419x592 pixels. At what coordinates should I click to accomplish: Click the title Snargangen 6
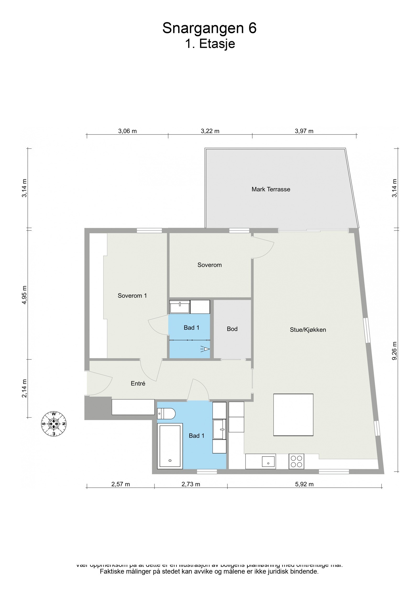pyautogui.click(x=209, y=28)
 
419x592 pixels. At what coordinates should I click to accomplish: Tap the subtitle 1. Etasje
pyautogui.click(x=210, y=44)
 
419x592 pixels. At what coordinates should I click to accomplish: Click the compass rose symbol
pyautogui.click(x=54, y=424)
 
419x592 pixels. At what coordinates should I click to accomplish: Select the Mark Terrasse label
pyautogui.click(x=271, y=189)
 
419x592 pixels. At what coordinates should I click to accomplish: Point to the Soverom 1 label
pyautogui.click(x=132, y=296)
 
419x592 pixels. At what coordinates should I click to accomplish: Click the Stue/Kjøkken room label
pyautogui.click(x=308, y=330)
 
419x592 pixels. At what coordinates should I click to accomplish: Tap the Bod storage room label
pyautogui.click(x=232, y=329)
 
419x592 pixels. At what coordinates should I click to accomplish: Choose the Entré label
pyautogui.click(x=138, y=384)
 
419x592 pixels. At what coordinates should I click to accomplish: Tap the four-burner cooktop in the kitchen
pyautogui.click(x=296, y=461)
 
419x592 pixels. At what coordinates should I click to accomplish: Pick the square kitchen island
pyautogui.click(x=293, y=415)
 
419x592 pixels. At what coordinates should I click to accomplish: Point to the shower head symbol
pyautogui.click(x=206, y=349)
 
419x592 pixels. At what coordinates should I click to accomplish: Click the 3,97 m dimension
pyautogui.click(x=304, y=131)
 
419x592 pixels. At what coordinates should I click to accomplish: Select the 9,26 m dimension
pyautogui.click(x=395, y=351)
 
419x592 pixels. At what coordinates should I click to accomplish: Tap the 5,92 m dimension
pyautogui.click(x=304, y=484)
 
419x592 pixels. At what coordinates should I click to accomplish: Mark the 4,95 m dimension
pyautogui.click(x=24, y=295)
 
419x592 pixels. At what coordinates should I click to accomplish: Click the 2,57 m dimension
pyautogui.click(x=120, y=484)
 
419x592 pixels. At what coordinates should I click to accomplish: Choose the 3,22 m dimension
pyautogui.click(x=210, y=131)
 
